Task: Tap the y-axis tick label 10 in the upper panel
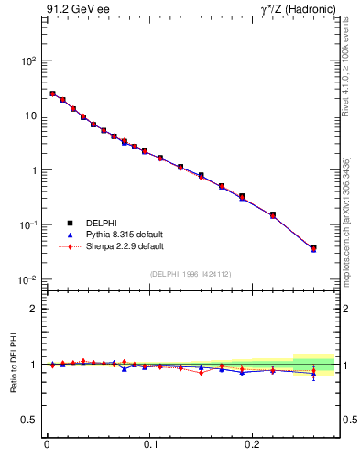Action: (x=29, y=115)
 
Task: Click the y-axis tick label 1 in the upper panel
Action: (x=33, y=170)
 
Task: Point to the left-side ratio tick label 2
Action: (x=33, y=309)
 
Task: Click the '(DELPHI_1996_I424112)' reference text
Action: (x=191, y=274)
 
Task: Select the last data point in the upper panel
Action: (x=313, y=247)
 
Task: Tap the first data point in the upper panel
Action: (x=52, y=93)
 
